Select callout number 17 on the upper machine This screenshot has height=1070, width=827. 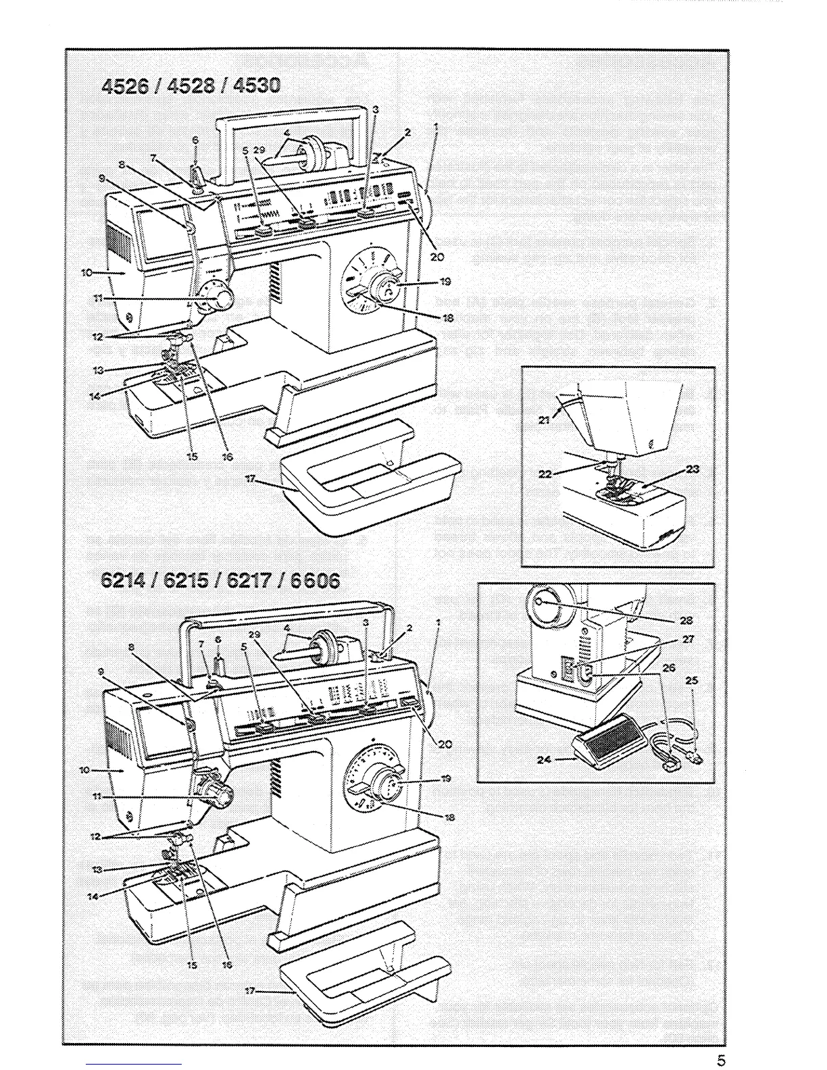pyautogui.click(x=250, y=479)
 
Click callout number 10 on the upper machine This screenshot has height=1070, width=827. pyautogui.click(x=86, y=272)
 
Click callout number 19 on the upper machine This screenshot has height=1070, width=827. pyautogui.click(x=445, y=282)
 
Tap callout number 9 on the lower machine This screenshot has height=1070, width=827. pyautogui.click(x=101, y=672)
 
